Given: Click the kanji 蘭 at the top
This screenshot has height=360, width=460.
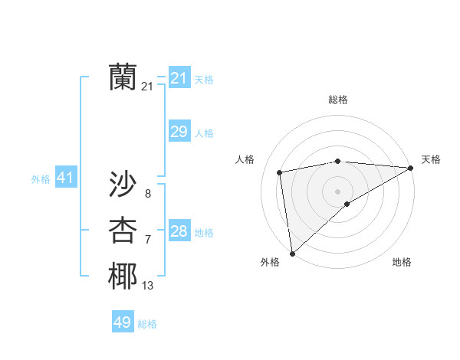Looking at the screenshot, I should point(123,77).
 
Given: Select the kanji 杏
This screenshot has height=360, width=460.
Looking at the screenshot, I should point(123,231).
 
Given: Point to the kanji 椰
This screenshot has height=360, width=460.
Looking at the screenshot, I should point(123,277).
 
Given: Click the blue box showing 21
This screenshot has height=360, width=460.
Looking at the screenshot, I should point(179,77).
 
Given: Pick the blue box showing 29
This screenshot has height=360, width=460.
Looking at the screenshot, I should point(179,132).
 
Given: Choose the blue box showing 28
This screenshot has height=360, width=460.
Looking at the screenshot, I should point(179,231).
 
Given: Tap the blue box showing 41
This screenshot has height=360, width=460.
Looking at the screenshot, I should point(65,178).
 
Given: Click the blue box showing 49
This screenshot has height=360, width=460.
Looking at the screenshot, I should point(123,322).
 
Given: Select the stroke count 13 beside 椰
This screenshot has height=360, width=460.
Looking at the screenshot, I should point(147,286).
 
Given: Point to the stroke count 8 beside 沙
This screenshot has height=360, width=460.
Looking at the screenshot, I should point(147,194).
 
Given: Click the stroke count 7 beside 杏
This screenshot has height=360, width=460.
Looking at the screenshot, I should point(147,240).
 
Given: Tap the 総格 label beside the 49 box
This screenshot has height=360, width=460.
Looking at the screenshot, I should point(147,324).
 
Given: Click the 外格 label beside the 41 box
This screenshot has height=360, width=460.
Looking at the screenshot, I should point(41,179).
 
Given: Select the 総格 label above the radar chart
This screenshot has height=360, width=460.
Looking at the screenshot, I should point(337,100).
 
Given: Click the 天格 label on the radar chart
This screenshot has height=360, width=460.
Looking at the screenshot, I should point(431,159).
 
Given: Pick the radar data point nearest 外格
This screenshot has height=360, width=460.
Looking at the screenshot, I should point(292,253).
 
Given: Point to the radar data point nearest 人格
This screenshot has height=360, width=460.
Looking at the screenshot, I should point(280,172).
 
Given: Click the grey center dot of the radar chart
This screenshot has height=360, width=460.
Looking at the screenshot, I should point(337,191).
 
